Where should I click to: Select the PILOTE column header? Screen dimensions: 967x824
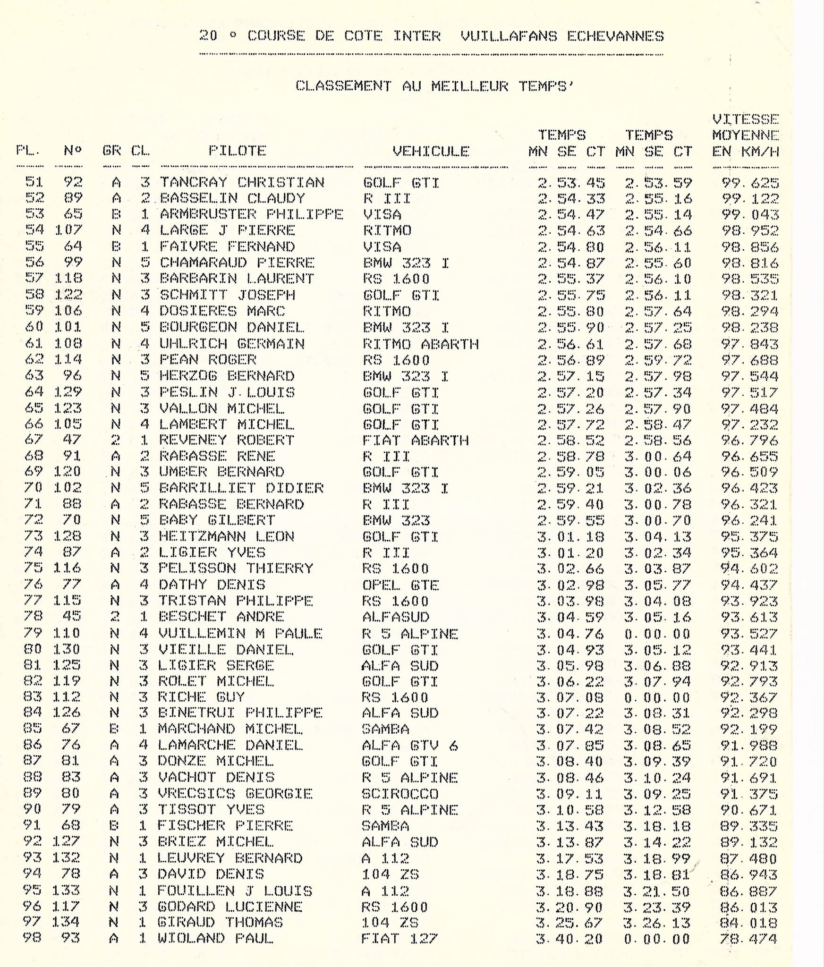coord(238,151)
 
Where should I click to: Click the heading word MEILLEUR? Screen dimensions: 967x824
coord(469,86)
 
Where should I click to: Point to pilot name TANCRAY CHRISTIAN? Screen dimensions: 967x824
coord(242,182)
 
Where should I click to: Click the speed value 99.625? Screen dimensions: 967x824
coord(750,183)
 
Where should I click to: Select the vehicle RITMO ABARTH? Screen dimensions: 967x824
coord(420,344)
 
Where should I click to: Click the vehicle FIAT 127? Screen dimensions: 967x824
coord(399,939)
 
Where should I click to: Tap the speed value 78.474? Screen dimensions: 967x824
coord(748,939)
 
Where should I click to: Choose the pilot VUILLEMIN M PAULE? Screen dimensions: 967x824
coord(240,633)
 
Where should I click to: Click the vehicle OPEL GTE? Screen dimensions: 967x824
coord(400,585)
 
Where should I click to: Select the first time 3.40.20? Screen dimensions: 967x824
coord(569,939)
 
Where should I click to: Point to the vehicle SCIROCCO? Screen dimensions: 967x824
coord(400,794)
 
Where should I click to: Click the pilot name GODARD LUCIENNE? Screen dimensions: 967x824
coord(229,907)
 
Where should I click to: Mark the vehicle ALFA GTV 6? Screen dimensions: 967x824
coord(409,746)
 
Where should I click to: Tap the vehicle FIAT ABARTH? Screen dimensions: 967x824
coord(415,440)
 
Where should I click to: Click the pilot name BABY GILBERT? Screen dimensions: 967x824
coord(217,520)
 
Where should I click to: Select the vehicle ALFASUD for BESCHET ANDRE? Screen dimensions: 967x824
coord(396,617)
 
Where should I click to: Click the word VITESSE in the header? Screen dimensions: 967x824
coord(745,119)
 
